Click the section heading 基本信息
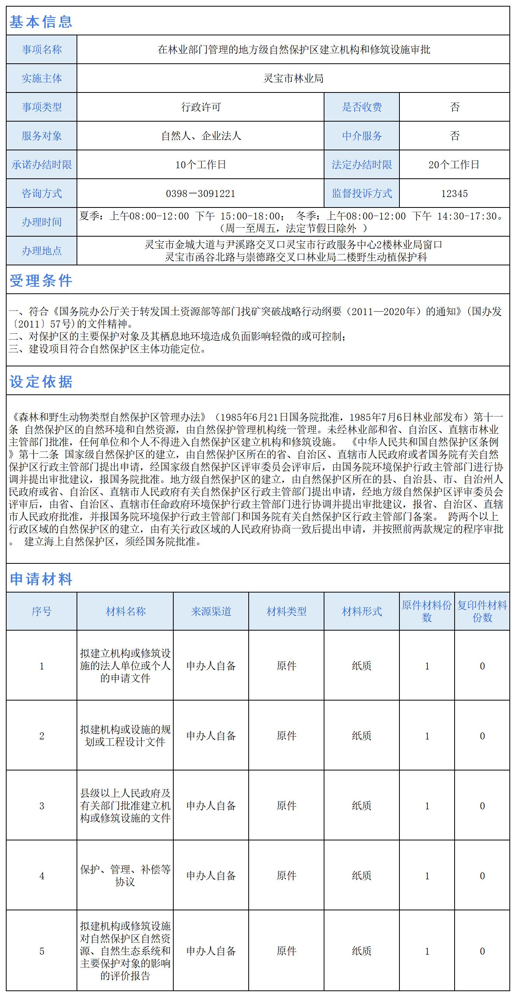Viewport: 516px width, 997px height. [41, 22]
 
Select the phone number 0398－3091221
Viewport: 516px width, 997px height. [200, 193]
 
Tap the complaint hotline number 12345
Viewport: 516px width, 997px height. [454, 193]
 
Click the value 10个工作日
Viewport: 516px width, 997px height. [200, 165]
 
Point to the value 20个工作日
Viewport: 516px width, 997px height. [454, 165]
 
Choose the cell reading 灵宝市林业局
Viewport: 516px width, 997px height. [293, 78]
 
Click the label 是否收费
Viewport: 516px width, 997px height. [362, 107]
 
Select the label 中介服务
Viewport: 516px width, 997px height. [362, 136]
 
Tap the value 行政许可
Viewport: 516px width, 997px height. [200, 107]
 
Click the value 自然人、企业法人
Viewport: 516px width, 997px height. [201, 136]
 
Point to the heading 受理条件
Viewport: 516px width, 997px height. [41, 281]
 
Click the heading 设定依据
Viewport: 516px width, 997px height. [41, 382]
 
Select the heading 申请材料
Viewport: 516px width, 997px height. [41, 579]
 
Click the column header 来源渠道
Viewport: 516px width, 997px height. [211, 612]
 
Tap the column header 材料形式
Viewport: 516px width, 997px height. [362, 612]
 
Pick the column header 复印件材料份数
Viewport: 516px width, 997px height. [482, 612]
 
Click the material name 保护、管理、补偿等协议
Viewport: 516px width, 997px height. [125, 876]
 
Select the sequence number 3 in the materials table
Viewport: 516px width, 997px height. [42, 806]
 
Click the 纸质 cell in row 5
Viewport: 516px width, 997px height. [362, 951]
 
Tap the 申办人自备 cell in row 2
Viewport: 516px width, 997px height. [211, 736]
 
